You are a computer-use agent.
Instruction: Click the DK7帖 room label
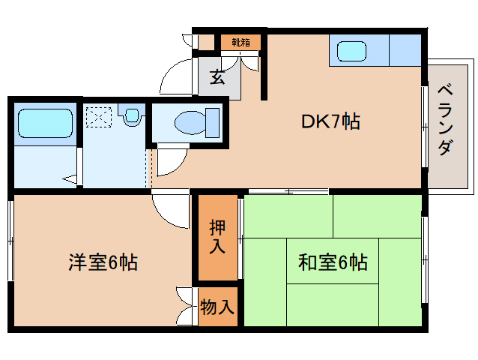point(330,121)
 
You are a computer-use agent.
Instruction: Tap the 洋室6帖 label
point(103,262)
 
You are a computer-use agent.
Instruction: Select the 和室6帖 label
point(332,262)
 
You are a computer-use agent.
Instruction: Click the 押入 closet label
point(217,237)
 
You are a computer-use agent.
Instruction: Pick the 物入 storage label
point(217,306)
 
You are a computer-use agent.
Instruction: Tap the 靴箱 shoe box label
point(240,42)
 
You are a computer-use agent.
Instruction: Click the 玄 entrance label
point(217,76)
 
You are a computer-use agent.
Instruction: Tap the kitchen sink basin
point(351,52)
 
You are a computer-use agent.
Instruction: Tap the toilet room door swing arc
point(171,159)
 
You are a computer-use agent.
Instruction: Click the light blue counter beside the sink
point(405,51)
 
